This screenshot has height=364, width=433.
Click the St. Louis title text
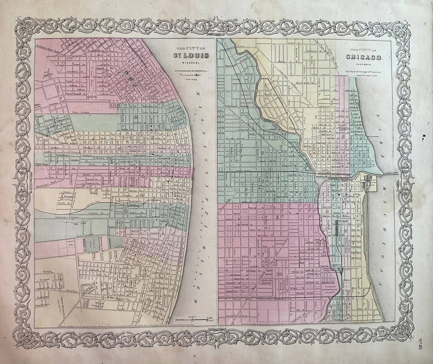192,55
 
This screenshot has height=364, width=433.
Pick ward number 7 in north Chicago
315,118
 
